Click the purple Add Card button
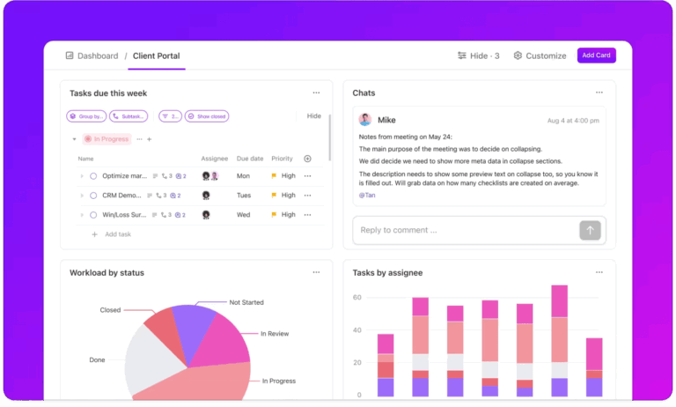click(x=596, y=55)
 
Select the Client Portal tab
click(x=156, y=55)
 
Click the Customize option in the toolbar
click(x=540, y=55)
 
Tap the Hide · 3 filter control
click(x=478, y=55)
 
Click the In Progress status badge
click(x=107, y=139)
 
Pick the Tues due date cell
click(x=244, y=196)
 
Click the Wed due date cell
click(x=244, y=215)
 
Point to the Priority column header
click(x=282, y=159)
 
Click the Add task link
click(x=117, y=234)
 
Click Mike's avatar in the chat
click(x=364, y=120)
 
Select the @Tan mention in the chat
click(x=367, y=195)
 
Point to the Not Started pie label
click(x=246, y=302)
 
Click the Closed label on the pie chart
click(x=110, y=310)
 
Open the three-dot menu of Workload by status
click(x=316, y=272)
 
